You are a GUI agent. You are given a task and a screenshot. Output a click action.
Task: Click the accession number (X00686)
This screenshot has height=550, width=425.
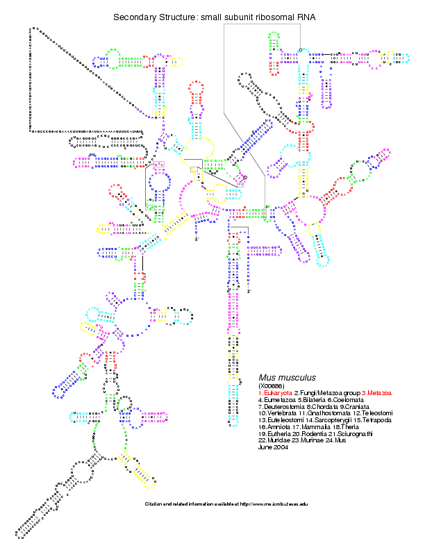click(272, 385)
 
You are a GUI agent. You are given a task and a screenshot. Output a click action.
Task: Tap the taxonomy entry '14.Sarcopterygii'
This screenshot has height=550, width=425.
click(330, 421)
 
